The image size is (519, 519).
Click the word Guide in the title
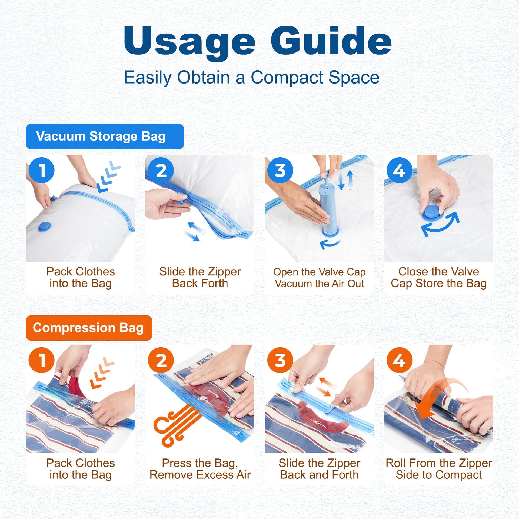(331, 40)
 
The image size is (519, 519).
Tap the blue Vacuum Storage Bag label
(105, 136)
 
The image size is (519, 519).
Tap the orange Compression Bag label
(89, 328)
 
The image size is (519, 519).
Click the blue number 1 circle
(42, 170)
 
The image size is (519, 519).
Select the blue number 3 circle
(280, 170)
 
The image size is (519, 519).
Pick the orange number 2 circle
(161, 360)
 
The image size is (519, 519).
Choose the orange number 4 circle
(400, 360)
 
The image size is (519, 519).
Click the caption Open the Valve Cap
(319, 272)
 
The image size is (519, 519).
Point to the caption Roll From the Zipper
(439, 463)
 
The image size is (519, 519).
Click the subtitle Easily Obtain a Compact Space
(251, 78)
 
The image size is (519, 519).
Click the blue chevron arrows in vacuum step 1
(109, 176)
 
